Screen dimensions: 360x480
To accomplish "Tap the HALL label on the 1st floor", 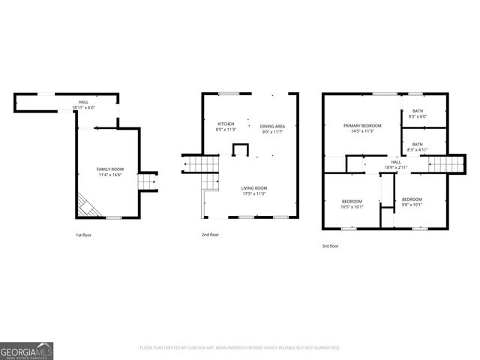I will [83, 102].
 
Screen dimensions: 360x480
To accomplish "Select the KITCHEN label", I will [226, 124].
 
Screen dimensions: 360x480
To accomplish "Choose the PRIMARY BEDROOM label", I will [363, 125].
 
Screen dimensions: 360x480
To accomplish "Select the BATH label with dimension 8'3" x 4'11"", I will [417, 144].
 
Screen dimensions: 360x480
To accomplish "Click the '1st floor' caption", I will [83, 235].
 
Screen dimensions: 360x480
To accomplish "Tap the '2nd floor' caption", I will [211, 235].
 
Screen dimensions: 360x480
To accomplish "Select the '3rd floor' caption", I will [330, 246].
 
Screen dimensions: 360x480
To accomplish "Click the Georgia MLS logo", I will [26, 350].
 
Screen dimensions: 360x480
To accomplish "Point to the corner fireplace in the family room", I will [85, 204].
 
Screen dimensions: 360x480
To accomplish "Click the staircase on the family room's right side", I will [148, 181].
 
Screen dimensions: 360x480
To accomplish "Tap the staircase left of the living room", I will [200, 163].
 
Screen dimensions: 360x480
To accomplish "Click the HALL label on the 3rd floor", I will [395, 161].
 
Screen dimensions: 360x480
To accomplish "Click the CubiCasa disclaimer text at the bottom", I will [240, 348].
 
